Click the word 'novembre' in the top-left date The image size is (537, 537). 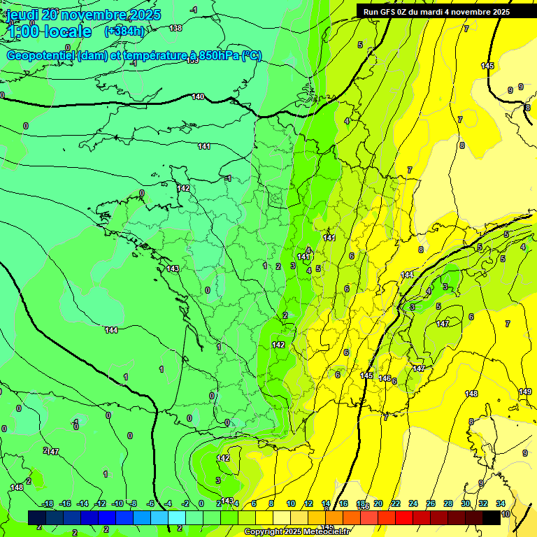click(x=94, y=15)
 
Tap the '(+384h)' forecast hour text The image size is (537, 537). click(x=124, y=31)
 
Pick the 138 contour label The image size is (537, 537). click(x=176, y=28)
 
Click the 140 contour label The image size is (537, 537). click(x=198, y=96)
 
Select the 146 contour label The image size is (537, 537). click(x=385, y=378)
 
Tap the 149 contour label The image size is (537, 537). click(x=525, y=392)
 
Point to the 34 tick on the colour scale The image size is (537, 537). click(x=501, y=503)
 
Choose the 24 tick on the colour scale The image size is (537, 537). click(x=413, y=503)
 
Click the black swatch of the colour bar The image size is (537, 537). click(x=492, y=517)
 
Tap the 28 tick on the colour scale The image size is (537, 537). click(x=448, y=503)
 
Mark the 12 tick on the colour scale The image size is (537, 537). click(x=308, y=503)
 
